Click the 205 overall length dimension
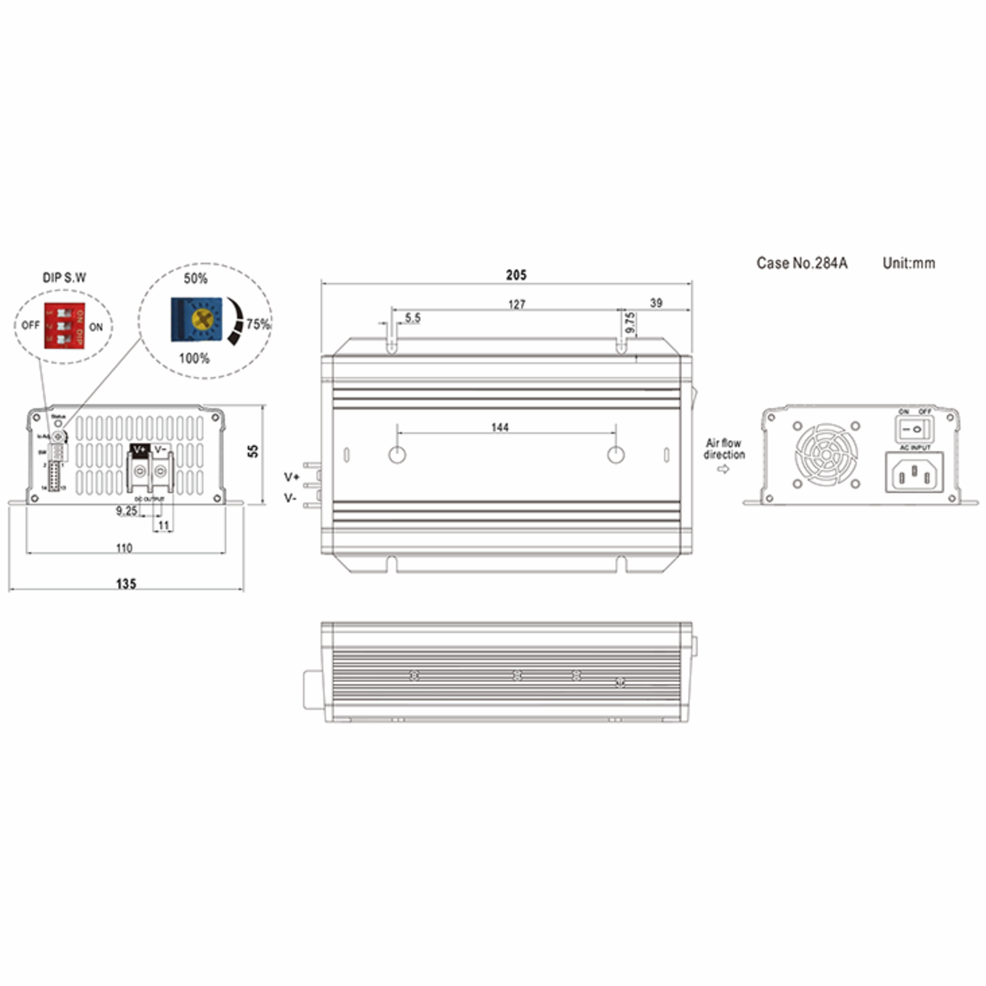click(x=516, y=275)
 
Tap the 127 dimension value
click(x=516, y=305)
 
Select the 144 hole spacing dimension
click(x=500, y=428)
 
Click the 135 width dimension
click(x=126, y=584)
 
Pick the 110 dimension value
click(x=124, y=548)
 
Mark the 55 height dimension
click(x=253, y=451)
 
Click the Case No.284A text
click(x=802, y=263)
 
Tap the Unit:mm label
click(x=909, y=263)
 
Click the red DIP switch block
click(x=65, y=326)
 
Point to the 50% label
click(x=196, y=279)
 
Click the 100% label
click(x=194, y=358)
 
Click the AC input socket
click(x=914, y=472)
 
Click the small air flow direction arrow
click(x=723, y=469)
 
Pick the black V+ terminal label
click(x=139, y=449)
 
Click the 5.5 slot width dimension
click(x=412, y=318)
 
